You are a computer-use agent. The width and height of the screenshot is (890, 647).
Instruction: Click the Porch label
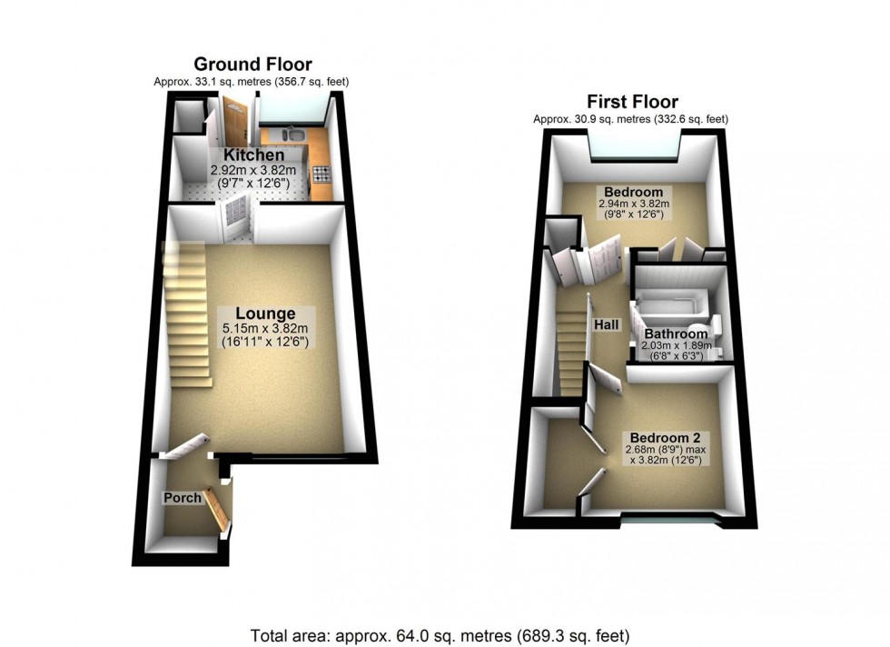pyautogui.click(x=182, y=498)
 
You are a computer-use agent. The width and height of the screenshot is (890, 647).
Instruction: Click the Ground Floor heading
pyautogui.click(x=252, y=65)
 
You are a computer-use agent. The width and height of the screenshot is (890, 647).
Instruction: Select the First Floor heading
pyautogui.click(x=632, y=102)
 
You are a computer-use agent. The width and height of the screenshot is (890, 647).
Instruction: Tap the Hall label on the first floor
pyautogui.click(x=608, y=324)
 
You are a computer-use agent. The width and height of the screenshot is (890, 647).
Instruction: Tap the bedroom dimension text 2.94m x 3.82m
pyautogui.click(x=634, y=204)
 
